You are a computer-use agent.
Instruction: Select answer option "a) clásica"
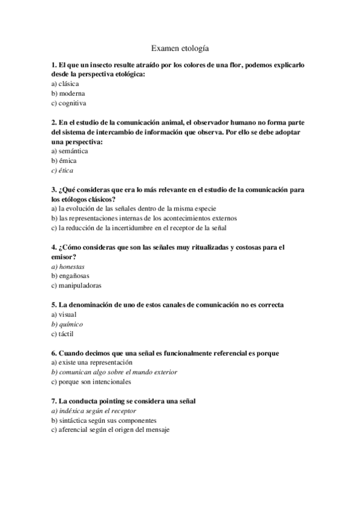[x=66, y=84]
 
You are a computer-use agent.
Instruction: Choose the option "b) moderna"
[x=68, y=93]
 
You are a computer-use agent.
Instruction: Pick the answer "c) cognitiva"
[x=69, y=103]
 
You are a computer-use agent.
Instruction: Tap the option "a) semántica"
[x=70, y=151]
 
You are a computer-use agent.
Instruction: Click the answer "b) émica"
[x=64, y=161]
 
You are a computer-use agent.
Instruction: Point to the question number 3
[x=55, y=189]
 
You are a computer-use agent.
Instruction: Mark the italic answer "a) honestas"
[x=68, y=266]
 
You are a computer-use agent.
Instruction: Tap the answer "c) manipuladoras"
[x=76, y=285]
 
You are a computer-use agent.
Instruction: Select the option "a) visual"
[x=64, y=314]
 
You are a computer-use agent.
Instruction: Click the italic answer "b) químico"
[x=67, y=324]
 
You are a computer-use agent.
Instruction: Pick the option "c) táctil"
[x=63, y=333]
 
